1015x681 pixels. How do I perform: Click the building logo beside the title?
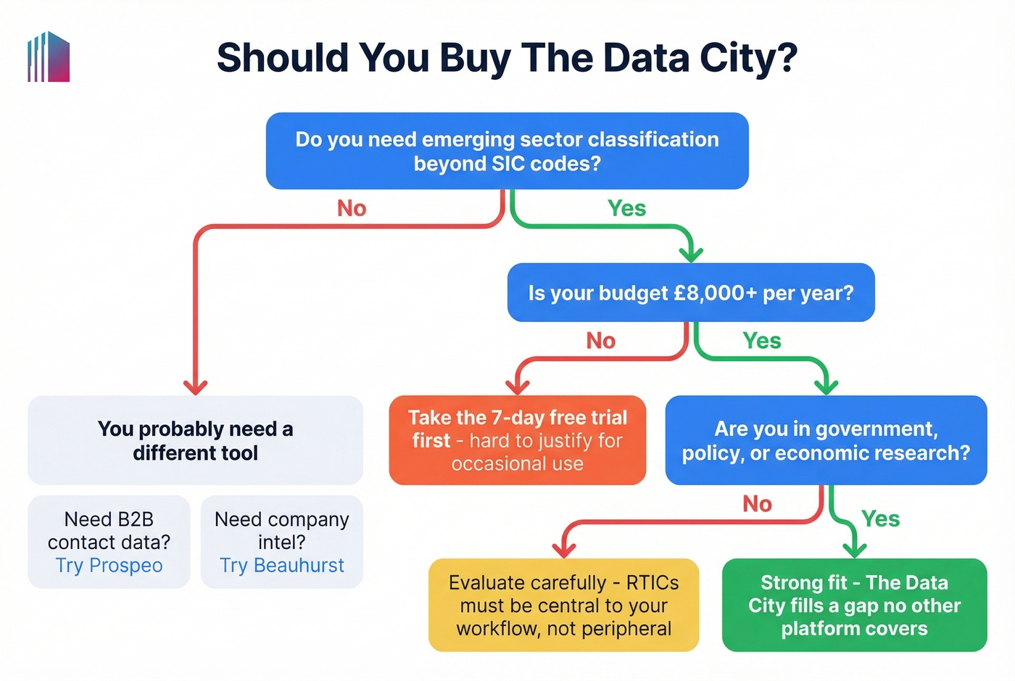[x=49, y=57]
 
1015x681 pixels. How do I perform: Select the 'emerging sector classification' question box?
[x=507, y=151]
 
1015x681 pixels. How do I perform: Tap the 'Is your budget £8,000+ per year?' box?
[x=690, y=293]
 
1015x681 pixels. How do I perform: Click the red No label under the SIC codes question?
[x=352, y=209]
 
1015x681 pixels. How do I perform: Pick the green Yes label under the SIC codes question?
[x=626, y=209]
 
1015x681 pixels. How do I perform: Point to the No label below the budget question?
[x=600, y=341]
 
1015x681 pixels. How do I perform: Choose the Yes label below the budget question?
[x=761, y=341]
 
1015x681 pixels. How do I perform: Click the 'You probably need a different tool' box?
[x=195, y=440]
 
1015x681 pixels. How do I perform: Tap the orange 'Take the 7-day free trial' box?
[x=517, y=440]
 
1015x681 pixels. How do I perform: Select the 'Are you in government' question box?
[x=826, y=440]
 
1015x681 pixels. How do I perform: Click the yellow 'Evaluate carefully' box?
[x=563, y=605]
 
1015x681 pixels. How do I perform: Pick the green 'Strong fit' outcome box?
[x=854, y=605]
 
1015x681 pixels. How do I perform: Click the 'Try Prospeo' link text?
[x=109, y=566]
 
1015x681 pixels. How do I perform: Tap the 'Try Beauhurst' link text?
[x=282, y=566]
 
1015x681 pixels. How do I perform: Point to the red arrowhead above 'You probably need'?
[x=195, y=387]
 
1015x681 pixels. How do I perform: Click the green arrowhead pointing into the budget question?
[x=691, y=253]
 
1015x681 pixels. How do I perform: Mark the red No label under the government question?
[x=757, y=504]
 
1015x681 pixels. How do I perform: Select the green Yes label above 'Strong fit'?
[x=880, y=519]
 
